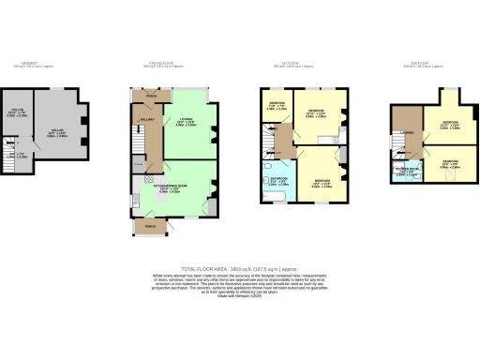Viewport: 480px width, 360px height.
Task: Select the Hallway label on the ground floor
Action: pos(146,120)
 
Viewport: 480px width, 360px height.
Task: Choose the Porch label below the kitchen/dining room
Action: pos(149,225)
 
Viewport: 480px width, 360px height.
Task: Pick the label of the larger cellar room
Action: pos(57,130)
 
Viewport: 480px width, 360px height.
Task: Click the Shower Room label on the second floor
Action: pos(406,172)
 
